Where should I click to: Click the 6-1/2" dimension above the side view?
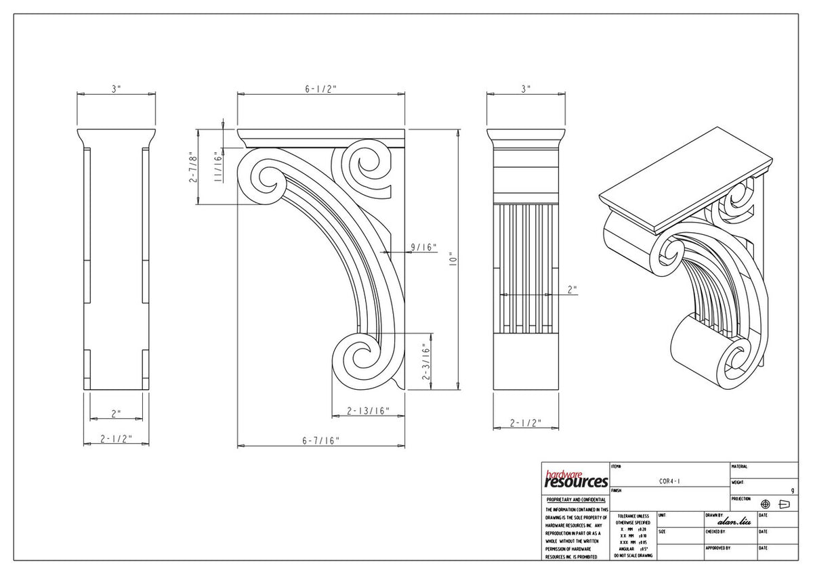[321, 89]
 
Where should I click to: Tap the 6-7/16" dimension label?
[321, 440]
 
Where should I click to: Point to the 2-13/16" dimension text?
[368, 411]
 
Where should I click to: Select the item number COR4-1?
[669, 481]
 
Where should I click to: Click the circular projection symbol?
[766, 504]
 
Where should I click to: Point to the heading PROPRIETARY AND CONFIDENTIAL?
[576, 500]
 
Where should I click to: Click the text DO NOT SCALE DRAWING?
[633, 556]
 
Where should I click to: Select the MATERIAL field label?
[739, 466]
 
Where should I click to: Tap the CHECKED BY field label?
[715, 531]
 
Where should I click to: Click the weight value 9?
[792, 490]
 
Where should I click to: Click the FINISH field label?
[617, 490]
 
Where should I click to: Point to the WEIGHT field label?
[738, 483]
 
